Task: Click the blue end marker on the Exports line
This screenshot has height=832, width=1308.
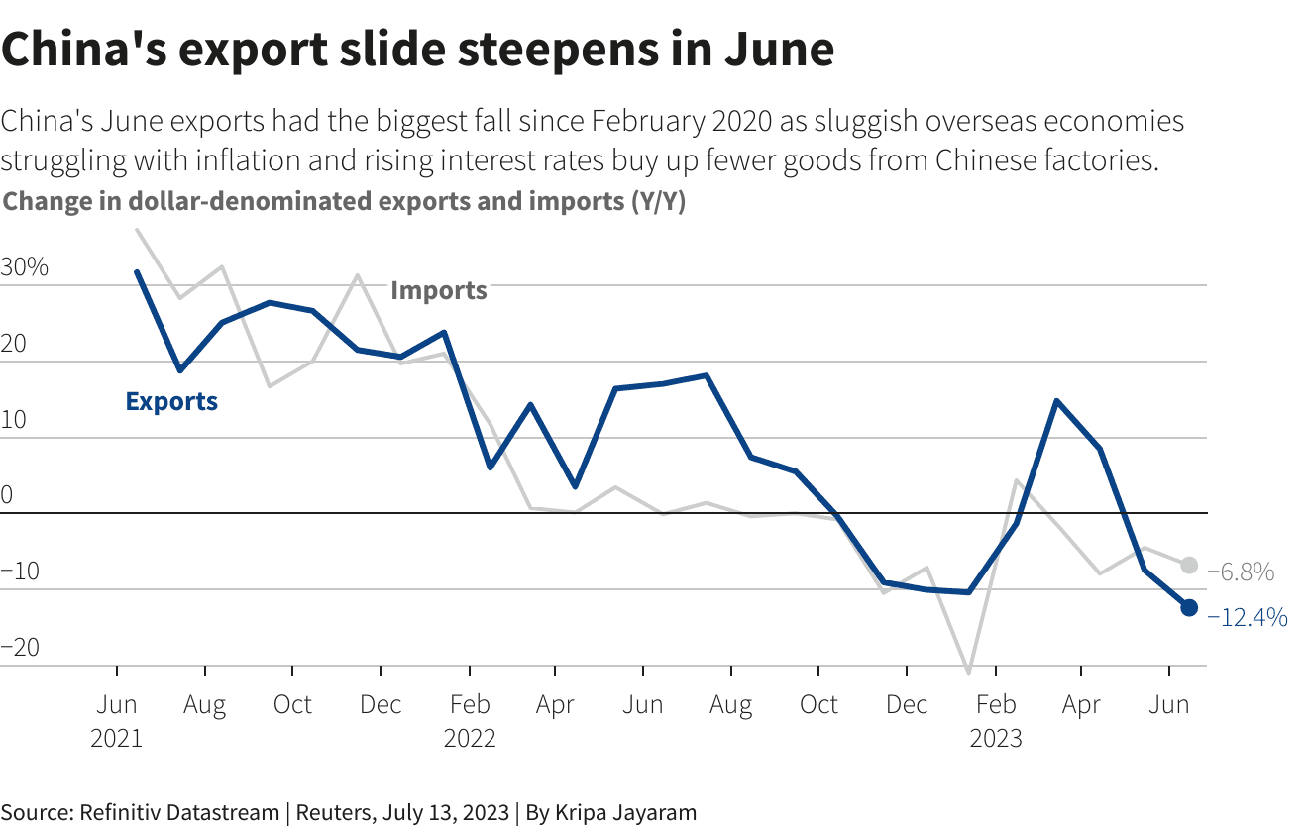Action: [x=1189, y=607]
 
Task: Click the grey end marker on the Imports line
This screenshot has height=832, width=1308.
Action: [x=1189, y=566]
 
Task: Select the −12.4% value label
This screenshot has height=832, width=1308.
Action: [x=1248, y=618]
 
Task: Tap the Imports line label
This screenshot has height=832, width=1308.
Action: [x=439, y=290]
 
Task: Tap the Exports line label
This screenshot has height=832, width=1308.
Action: [x=171, y=401]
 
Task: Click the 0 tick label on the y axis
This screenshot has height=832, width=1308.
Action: [x=7, y=495]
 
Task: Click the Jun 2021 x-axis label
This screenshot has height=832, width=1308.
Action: [x=117, y=721]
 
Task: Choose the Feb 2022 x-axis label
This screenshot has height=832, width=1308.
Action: [x=469, y=721]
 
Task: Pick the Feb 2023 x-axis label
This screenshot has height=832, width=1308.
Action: [x=995, y=721]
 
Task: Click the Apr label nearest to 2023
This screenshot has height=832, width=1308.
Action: [x=1081, y=705]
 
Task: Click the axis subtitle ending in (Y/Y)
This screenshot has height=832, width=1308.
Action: [x=345, y=202]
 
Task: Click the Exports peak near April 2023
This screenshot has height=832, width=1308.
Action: [x=1057, y=401]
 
